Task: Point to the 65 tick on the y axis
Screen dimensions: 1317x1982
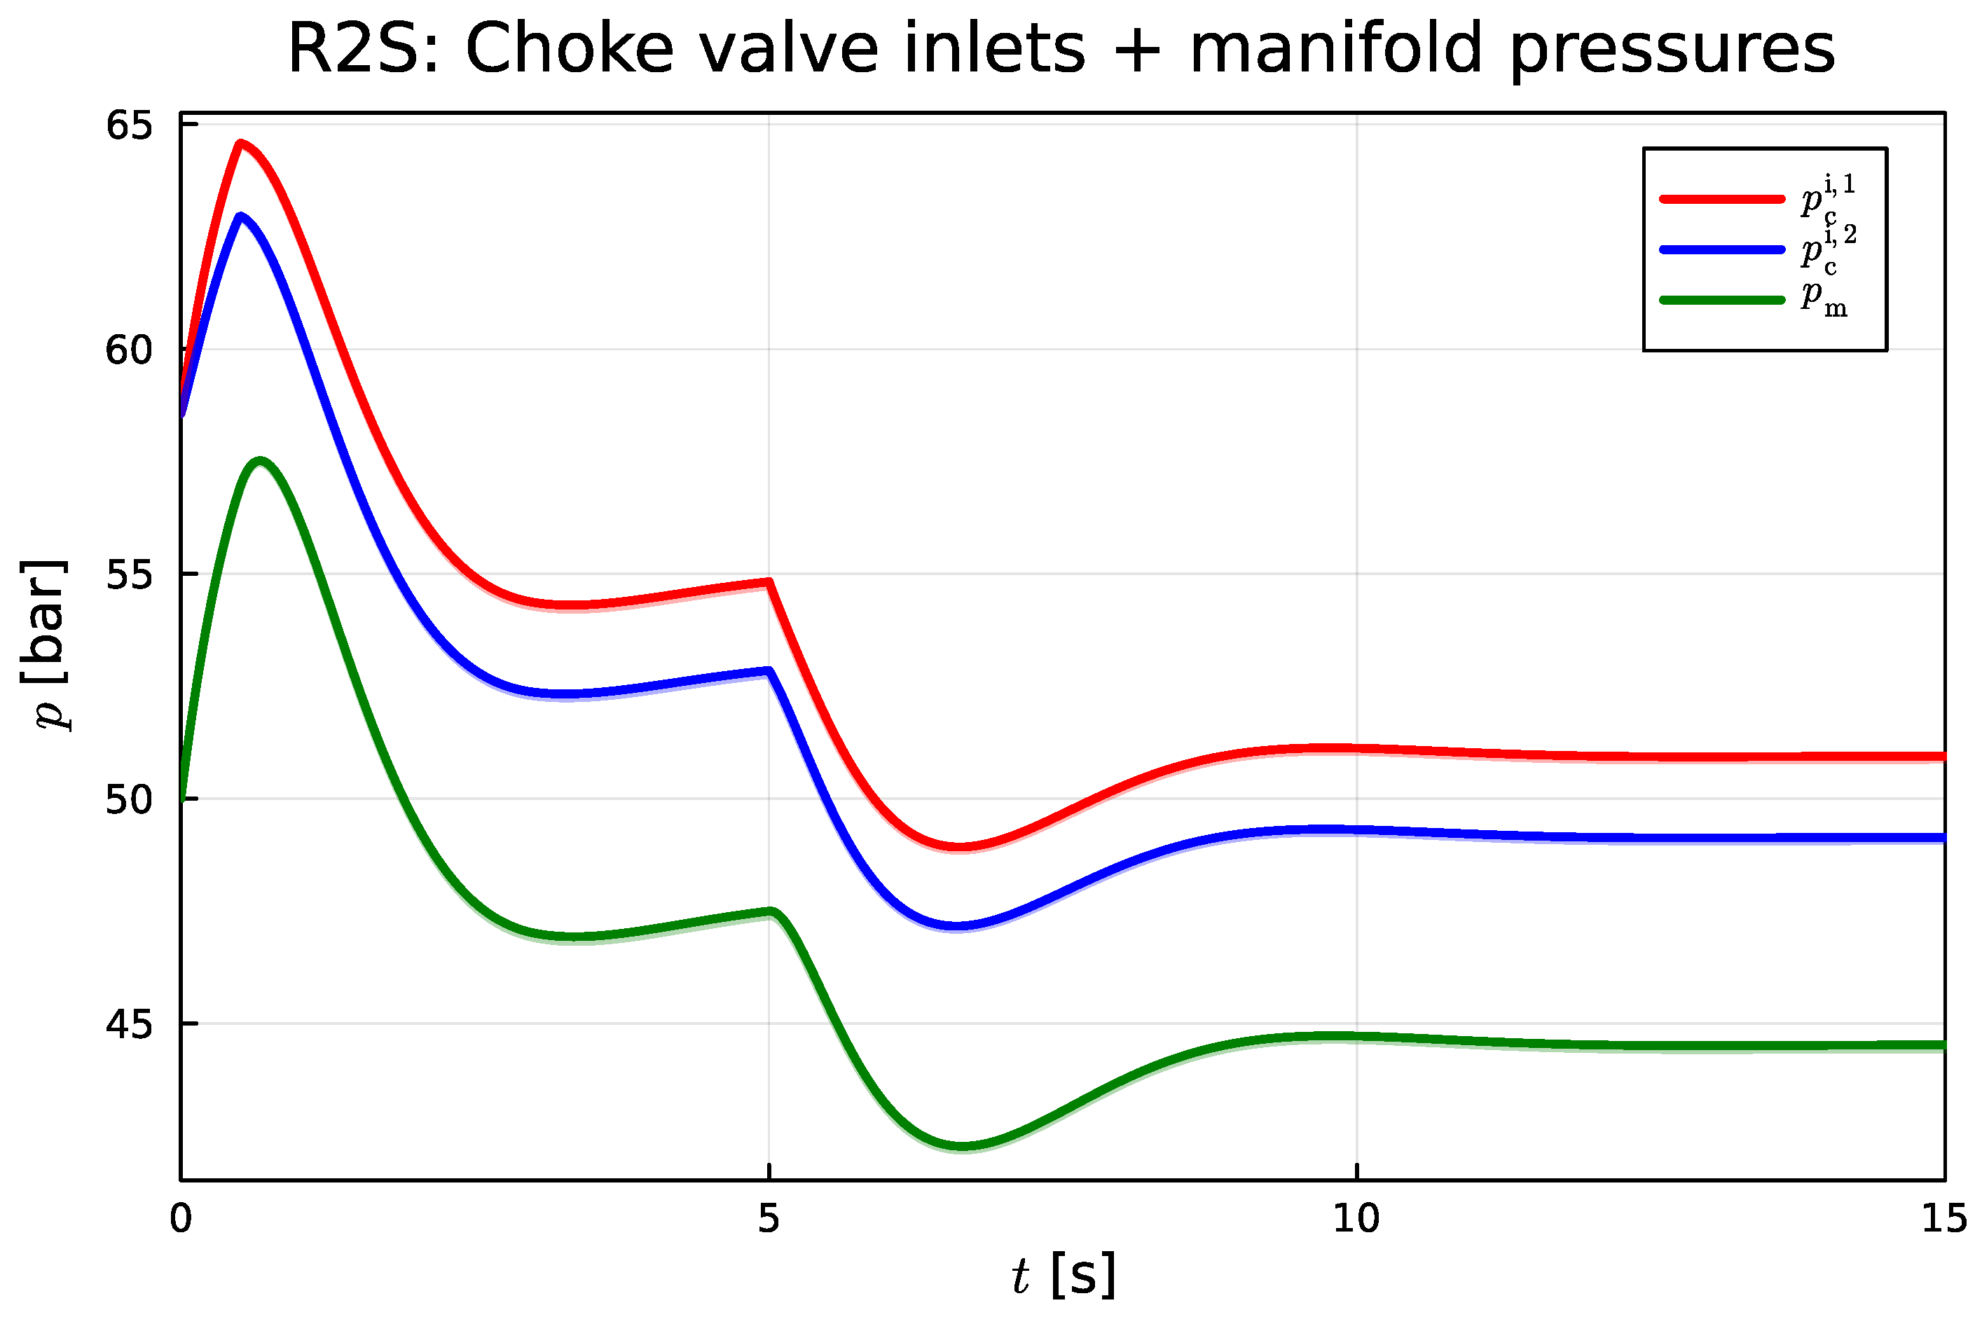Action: coord(128,125)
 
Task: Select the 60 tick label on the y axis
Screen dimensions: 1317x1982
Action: coord(128,350)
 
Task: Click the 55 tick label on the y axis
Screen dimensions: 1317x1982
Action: coord(128,574)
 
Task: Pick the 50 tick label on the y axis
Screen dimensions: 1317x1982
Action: coord(128,799)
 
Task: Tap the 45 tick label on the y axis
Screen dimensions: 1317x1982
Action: coord(128,1024)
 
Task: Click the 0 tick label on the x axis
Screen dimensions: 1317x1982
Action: coord(181,1219)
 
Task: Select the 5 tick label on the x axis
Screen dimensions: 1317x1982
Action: coord(769,1219)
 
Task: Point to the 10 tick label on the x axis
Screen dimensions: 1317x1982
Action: coord(1356,1219)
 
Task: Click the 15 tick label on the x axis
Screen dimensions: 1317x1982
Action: coord(1944,1219)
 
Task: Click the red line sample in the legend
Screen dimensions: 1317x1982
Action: coord(1721,199)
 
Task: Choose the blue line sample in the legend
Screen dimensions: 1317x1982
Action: coord(1721,249)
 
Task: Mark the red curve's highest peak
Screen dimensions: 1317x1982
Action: coord(240,144)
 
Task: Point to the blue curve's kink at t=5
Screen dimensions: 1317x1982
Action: coord(769,671)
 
